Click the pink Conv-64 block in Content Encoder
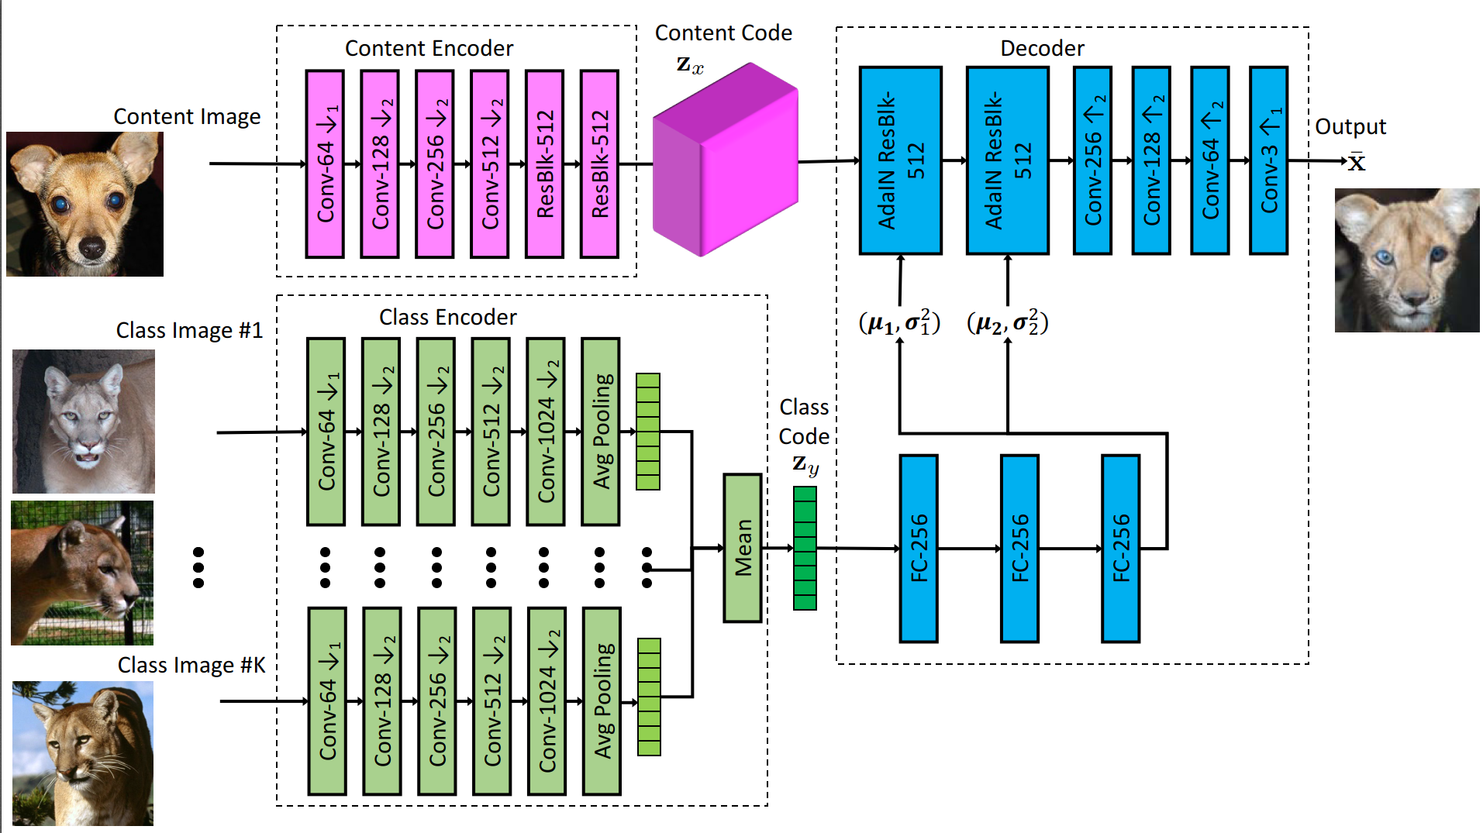(325, 164)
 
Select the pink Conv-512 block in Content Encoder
(490, 164)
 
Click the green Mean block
(743, 548)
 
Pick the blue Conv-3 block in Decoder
(1269, 160)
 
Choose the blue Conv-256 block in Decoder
(1092, 160)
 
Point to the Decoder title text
(1042, 48)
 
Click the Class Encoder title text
(447, 317)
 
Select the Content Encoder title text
(429, 48)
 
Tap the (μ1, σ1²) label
(899, 322)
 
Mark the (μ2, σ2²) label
(1007, 322)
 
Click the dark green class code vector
(805, 548)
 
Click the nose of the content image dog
(92, 249)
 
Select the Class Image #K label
(191, 665)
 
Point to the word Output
(1350, 126)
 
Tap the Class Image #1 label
(189, 330)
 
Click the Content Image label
(187, 116)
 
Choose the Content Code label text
(723, 33)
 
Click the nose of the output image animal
(1416, 297)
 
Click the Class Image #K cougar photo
(83, 753)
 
